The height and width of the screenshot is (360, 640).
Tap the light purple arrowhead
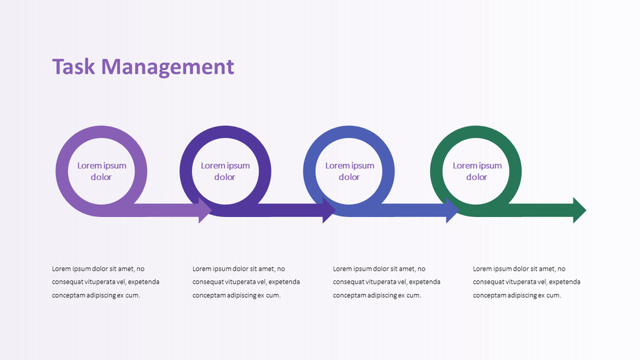205,210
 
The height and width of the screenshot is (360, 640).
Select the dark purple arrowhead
328,210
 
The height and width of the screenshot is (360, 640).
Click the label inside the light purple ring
102,171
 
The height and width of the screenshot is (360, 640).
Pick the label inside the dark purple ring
225,171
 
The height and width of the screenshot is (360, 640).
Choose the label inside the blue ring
349,171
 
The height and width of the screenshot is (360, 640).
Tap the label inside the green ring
477,171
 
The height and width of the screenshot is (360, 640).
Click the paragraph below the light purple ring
106,282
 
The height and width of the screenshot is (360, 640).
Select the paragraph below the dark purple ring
246,282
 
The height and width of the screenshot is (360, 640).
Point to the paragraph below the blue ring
387,282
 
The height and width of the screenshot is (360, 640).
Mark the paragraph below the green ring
527,282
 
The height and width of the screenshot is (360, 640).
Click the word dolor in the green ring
477,177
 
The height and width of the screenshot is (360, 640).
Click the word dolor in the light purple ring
101,177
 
